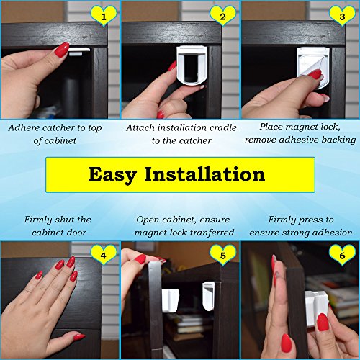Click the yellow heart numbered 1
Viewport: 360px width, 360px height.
click(x=104, y=16)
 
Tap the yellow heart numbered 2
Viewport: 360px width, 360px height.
click(x=223, y=16)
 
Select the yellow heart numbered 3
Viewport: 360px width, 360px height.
click(x=342, y=16)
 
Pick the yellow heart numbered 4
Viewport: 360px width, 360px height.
click(x=104, y=254)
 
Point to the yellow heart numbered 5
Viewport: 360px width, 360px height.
click(x=223, y=255)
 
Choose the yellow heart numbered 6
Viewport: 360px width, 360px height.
click(x=342, y=255)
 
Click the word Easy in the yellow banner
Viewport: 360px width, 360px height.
click(x=112, y=175)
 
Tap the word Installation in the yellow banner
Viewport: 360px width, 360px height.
click(x=204, y=174)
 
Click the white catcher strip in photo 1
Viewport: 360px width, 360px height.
click(x=79, y=51)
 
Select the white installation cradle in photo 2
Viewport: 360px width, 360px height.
click(x=190, y=66)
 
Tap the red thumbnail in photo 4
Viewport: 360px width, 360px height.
click(x=79, y=336)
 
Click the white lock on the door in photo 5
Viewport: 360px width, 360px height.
click(x=171, y=300)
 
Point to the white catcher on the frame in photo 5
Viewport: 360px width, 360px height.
click(x=208, y=296)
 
